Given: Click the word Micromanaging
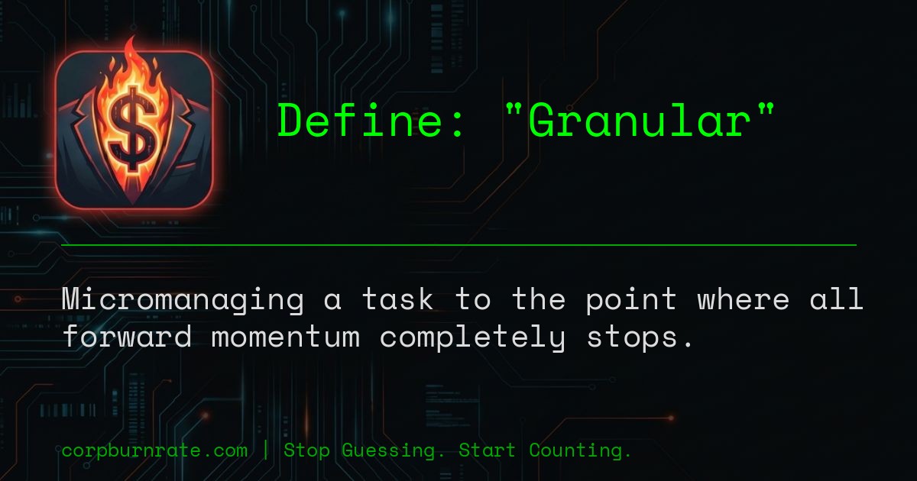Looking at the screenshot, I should tap(183, 300).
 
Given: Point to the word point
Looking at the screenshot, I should tap(631, 300).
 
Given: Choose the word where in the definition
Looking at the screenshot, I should tap(743, 300).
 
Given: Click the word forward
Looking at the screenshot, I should tap(127, 337).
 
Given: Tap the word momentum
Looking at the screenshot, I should tap(285, 337).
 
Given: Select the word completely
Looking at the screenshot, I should tap(472, 337).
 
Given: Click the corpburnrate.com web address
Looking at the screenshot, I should tap(154, 450).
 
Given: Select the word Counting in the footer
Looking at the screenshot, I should tap(580, 450).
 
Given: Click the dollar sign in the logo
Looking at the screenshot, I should tap(132, 128).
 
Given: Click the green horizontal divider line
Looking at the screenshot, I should tap(458, 245).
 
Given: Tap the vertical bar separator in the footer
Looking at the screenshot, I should tap(265, 450).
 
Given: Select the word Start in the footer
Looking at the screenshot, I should tap(487, 450).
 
